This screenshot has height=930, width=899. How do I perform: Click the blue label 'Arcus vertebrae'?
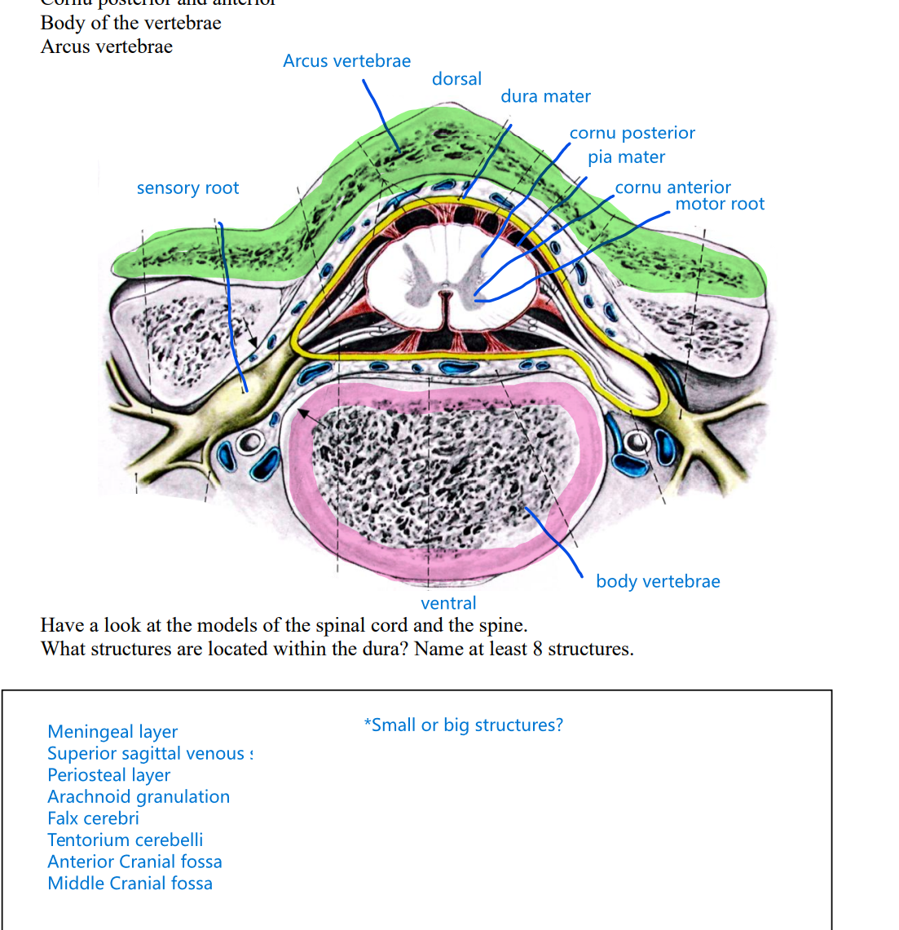click(x=346, y=61)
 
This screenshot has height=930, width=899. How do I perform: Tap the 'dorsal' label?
click(x=456, y=79)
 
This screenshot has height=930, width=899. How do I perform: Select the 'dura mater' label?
click(x=545, y=96)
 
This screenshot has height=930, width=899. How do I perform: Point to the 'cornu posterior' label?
click(x=632, y=133)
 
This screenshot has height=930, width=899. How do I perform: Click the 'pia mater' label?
click(x=626, y=157)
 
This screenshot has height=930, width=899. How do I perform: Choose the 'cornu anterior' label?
click(x=672, y=187)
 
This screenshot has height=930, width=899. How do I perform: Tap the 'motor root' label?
click(x=720, y=204)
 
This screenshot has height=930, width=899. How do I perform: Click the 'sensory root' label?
click(x=187, y=188)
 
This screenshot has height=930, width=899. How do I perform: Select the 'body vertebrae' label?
click(x=658, y=581)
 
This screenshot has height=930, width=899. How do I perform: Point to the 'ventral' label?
click(x=448, y=603)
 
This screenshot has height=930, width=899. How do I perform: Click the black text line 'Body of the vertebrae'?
click(x=130, y=23)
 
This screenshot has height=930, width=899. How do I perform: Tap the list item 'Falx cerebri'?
click(x=93, y=818)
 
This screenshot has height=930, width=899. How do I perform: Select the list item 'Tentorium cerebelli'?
click(x=125, y=840)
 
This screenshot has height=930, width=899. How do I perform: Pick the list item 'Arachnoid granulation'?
click(x=139, y=796)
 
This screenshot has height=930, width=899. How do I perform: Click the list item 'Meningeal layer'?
click(x=112, y=732)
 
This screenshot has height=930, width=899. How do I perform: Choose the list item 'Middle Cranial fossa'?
click(x=130, y=884)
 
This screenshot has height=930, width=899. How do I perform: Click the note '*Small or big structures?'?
click(x=463, y=725)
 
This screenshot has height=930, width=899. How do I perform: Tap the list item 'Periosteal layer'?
click(x=108, y=775)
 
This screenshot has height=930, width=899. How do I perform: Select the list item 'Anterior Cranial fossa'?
click(x=134, y=862)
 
